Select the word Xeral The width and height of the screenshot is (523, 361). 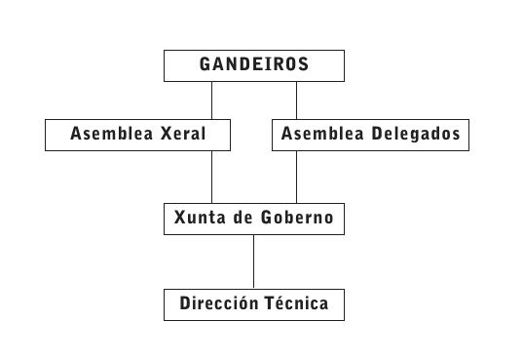click(x=183, y=134)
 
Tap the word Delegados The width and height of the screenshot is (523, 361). click(x=416, y=134)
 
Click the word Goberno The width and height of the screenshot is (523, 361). click(x=297, y=218)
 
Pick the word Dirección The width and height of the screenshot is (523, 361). click(x=219, y=302)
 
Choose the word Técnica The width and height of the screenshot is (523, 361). click(x=297, y=302)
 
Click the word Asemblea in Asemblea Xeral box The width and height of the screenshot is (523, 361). click(x=112, y=134)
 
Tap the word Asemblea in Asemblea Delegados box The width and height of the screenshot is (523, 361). click(x=322, y=134)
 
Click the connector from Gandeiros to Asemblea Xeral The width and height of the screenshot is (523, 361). click(x=211, y=100)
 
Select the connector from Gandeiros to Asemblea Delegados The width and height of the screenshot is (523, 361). click(x=296, y=100)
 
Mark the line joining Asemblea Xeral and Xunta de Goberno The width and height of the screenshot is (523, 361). click(x=211, y=177)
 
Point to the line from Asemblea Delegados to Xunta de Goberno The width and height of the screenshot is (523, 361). click(x=296, y=177)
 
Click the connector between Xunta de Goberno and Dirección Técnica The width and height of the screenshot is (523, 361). click(x=253, y=261)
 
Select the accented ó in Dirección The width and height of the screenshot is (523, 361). click(x=244, y=302)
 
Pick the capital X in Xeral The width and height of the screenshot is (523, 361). click(x=167, y=134)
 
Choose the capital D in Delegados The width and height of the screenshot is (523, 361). click(x=377, y=134)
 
